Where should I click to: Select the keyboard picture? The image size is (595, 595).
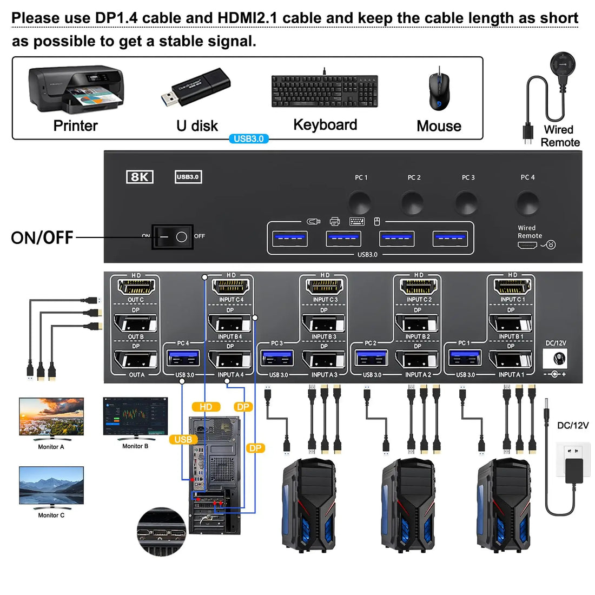[325, 91]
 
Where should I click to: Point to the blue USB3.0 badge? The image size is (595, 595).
[248, 138]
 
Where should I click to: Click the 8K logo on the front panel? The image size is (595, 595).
[140, 177]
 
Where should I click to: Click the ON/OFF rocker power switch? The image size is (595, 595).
[173, 237]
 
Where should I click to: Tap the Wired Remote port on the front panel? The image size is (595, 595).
[527, 245]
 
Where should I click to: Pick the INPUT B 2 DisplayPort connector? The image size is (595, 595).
[418, 323]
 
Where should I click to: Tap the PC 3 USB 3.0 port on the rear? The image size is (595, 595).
[277, 359]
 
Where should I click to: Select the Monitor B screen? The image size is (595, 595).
[135, 417]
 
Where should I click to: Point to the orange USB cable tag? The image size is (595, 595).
[183, 439]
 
